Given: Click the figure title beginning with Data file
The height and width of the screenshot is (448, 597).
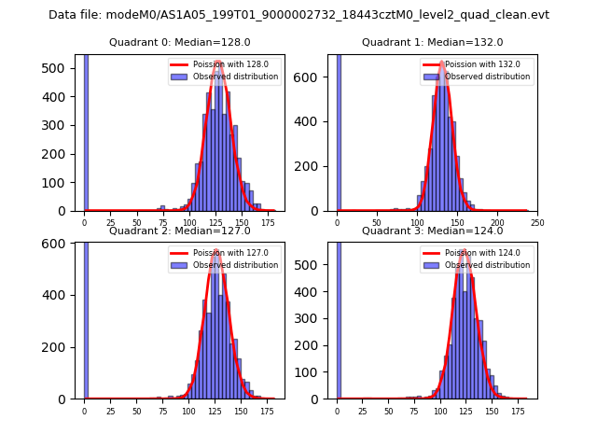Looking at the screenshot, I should click(x=298, y=15).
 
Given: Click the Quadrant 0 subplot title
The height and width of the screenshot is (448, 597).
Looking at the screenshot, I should click(x=179, y=42).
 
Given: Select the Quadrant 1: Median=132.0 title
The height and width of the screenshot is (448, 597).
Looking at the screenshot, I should click(x=432, y=42).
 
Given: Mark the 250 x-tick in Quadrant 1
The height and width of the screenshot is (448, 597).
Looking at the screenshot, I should click(x=537, y=223).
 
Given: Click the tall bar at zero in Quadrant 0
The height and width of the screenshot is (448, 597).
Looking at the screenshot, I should click(x=86, y=131).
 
